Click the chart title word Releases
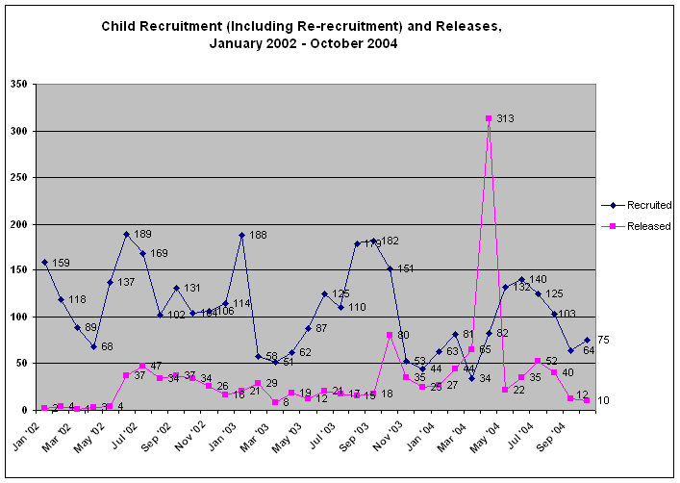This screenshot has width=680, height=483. coord(467,26)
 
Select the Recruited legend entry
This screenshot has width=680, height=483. coord(636,205)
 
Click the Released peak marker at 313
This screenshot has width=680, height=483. coord(489,118)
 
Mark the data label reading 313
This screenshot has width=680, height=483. coord(506,118)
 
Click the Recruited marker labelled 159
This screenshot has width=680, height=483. coord(45,262)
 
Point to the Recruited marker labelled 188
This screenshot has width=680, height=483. coord(242,235)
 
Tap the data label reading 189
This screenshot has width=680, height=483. coord(142,234)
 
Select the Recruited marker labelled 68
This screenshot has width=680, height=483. coord(94,346)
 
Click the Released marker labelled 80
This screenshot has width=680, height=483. coord(390,335)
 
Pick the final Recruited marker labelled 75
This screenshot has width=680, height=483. coord(587,340)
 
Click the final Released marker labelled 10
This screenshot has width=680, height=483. coord(587,400)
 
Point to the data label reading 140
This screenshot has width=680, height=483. coord(539,279)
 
